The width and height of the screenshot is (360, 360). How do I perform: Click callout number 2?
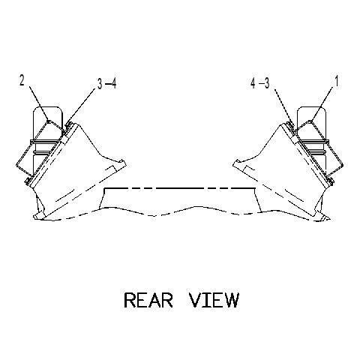coord(22,81)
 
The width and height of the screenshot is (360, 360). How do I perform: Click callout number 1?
coord(337,82)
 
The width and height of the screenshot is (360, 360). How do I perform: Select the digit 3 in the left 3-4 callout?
coord(100,84)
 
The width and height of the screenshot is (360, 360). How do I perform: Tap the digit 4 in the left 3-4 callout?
coord(113,83)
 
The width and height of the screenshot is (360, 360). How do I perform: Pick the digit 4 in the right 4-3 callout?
coord(253,83)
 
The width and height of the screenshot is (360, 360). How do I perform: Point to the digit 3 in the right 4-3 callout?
coord(267,83)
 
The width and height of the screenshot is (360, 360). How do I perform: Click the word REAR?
coord(148,300)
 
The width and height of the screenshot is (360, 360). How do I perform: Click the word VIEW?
coord(214,300)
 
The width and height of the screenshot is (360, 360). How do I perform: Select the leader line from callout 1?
coord(323,103)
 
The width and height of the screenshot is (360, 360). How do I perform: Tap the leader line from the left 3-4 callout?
coord(81,106)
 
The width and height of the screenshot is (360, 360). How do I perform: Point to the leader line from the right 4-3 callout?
coord(283,106)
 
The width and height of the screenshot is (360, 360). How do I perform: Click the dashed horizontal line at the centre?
coord(179,187)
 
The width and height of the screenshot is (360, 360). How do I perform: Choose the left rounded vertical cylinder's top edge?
coord(48,108)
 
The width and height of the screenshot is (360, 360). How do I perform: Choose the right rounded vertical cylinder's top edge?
coord(311,108)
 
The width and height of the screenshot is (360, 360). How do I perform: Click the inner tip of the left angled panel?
coord(124,163)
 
